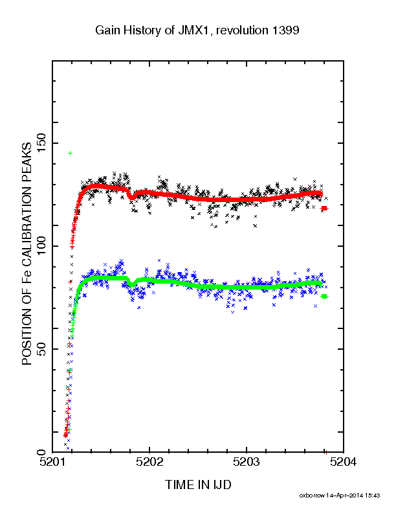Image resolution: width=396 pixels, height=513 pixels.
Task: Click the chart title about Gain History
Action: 197,30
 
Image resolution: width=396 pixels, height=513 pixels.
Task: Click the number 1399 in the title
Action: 285,30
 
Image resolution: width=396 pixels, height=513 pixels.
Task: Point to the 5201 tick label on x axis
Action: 52,462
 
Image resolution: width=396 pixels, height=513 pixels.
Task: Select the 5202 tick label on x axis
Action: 149,462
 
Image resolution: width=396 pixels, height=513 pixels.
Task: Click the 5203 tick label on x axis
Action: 247,462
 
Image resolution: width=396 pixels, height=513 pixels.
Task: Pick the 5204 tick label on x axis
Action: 343,462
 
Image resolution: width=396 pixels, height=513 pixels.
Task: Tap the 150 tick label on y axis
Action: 41,143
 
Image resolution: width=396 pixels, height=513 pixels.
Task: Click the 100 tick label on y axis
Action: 41,246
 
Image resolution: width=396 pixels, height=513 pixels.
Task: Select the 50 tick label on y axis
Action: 41,349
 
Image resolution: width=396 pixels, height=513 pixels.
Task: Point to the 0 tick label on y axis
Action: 41,452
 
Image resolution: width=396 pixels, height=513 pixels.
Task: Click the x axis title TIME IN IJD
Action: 198,485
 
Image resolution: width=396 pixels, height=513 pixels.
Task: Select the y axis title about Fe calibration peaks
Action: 27,254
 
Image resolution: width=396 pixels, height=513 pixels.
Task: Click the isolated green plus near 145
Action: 70,153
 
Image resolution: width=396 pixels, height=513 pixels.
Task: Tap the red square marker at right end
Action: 324,208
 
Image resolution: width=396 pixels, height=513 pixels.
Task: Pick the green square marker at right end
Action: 324,296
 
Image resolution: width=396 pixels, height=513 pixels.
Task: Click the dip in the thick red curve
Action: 131,197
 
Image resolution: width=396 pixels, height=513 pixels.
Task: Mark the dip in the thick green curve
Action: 131,284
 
